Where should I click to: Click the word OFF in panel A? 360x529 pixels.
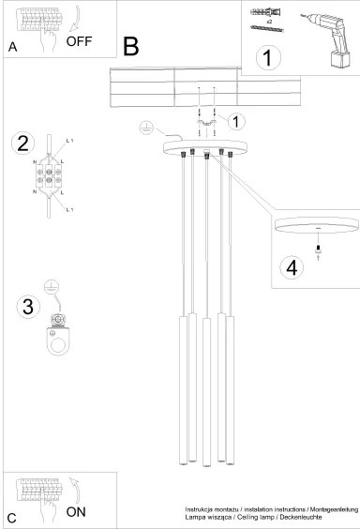81,41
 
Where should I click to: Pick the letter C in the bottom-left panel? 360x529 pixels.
12,517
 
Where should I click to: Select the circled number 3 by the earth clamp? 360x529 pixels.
27,307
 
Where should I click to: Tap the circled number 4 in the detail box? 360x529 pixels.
292,267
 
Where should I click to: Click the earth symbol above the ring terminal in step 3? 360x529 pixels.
53,284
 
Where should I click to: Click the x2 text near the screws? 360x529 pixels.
270,18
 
